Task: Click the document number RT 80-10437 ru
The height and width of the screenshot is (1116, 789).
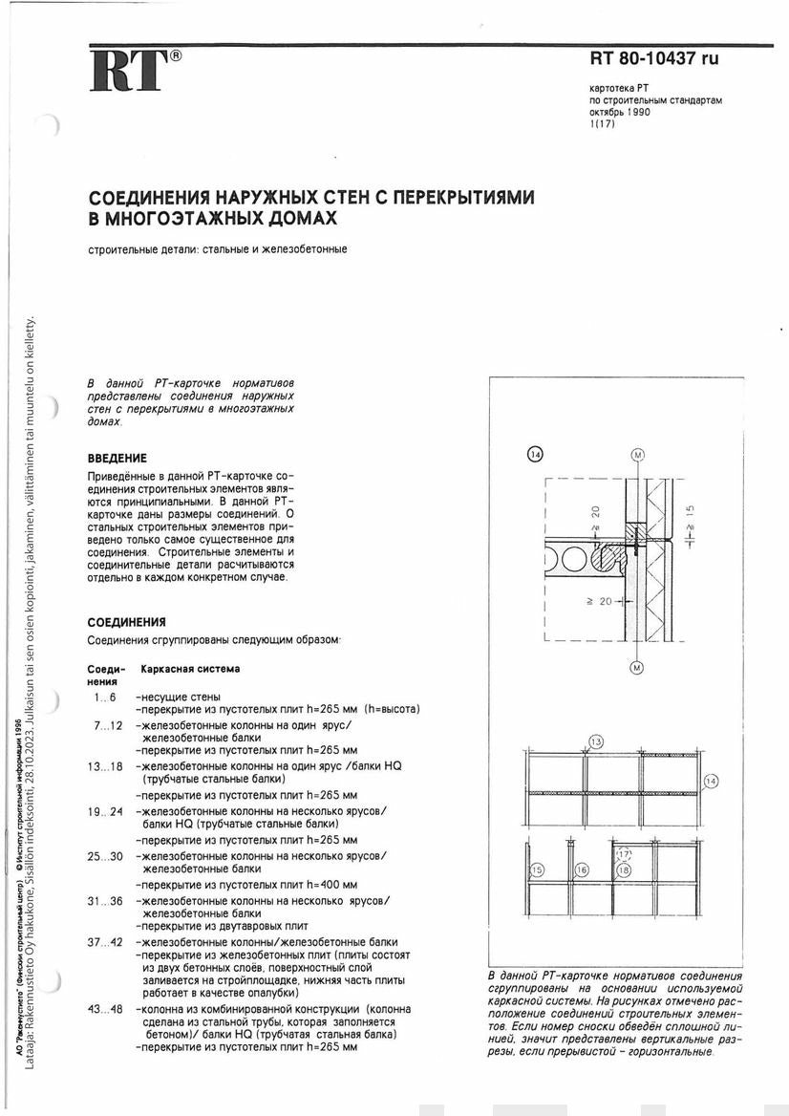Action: tap(653, 59)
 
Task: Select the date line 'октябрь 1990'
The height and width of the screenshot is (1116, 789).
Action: tap(620, 112)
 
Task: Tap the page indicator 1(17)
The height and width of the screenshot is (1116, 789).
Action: tap(604, 123)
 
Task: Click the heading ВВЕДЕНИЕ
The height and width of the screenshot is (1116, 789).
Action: tap(117, 459)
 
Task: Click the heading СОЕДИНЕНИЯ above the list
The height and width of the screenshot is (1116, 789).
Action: tap(126, 622)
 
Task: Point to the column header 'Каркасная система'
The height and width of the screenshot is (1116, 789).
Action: tap(190, 669)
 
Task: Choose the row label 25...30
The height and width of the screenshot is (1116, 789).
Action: tap(105, 856)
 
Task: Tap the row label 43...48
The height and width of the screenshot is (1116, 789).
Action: tap(105, 1009)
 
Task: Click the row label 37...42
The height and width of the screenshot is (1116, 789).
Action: tap(105, 942)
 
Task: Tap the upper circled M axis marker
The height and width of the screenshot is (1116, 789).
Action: tap(637, 453)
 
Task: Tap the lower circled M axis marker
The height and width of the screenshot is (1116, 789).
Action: tap(637, 669)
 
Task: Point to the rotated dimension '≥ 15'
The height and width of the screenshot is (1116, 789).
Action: tap(690, 520)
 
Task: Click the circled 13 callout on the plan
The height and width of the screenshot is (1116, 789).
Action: tap(596, 742)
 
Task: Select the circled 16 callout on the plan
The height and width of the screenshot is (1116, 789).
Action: tap(582, 869)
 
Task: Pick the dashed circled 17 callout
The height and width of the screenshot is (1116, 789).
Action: tap(623, 854)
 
